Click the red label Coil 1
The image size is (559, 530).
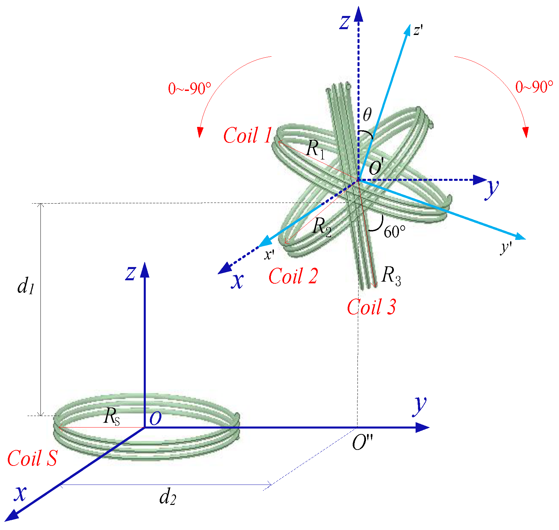pyautogui.click(x=248, y=135)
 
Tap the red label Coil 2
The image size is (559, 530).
pyautogui.click(x=293, y=276)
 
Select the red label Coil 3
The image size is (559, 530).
pyautogui.click(x=371, y=307)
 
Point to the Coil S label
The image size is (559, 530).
pyautogui.click(x=32, y=458)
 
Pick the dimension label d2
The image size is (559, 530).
pyautogui.click(x=168, y=498)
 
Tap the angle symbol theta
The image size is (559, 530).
pyautogui.click(x=367, y=115)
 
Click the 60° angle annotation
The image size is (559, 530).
pyautogui.click(x=395, y=232)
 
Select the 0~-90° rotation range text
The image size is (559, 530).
pyautogui.click(x=189, y=89)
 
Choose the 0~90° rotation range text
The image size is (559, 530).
pyautogui.click(x=534, y=87)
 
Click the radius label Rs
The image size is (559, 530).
pyautogui.click(x=112, y=416)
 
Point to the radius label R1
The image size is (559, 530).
pyautogui.click(x=315, y=149)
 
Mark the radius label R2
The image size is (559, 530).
pyautogui.click(x=322, y=226)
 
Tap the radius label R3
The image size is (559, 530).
pyautogui.click(x=391, y=276)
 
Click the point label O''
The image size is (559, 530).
pyautogui.click(x=362, y=443)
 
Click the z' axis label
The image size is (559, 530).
pyautogui.click(x=418, y=31)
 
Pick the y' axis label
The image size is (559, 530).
pyautogui.click(x=506, y=247)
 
